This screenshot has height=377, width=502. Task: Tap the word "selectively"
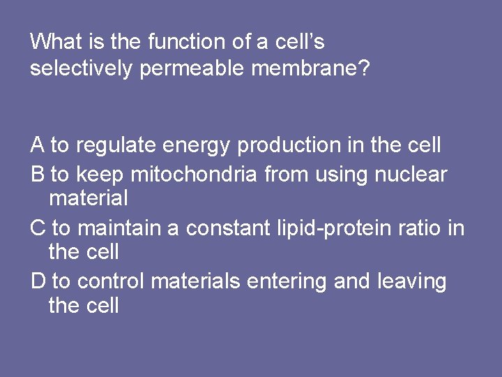(81, 68)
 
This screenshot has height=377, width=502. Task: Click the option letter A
(38, 145)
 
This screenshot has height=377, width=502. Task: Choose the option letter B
(38, 174)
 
